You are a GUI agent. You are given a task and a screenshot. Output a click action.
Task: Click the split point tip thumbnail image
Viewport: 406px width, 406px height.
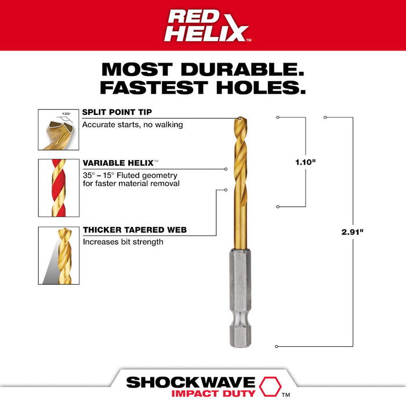tap(57, 130)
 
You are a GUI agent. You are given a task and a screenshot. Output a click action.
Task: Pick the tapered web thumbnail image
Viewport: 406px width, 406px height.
tap(57, 255)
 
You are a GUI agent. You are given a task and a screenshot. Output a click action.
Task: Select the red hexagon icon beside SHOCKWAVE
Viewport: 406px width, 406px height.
tap(269, 383)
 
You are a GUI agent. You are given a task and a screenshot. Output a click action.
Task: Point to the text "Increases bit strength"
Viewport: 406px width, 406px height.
tap(122, 242)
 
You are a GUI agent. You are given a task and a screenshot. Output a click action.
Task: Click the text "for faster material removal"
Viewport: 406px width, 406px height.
tap(130, 184)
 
